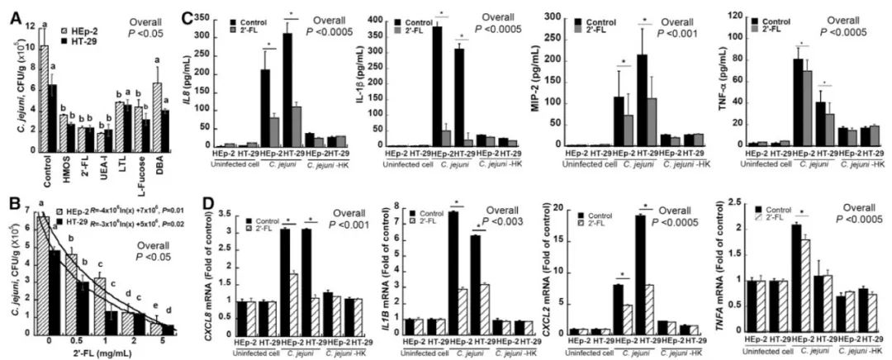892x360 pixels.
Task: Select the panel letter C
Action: (x=187, y=17)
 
